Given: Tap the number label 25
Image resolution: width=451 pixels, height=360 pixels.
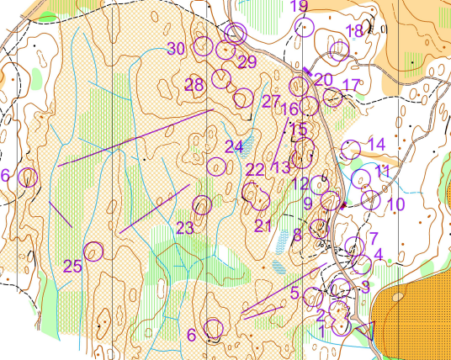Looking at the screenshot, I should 73,267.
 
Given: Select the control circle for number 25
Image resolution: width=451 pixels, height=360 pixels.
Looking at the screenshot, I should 93,251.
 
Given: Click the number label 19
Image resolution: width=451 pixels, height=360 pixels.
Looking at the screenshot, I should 299,8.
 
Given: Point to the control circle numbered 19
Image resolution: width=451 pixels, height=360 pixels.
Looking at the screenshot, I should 305,27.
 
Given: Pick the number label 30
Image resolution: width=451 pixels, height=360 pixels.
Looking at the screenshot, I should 176,48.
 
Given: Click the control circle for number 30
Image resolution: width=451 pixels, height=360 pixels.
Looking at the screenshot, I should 202,47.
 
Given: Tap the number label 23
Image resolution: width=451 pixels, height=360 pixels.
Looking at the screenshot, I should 185,227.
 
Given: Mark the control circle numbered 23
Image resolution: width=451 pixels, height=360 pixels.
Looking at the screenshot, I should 202,204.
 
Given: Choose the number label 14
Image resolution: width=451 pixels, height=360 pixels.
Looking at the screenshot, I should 376,144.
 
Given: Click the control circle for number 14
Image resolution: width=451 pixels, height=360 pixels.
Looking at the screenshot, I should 351,150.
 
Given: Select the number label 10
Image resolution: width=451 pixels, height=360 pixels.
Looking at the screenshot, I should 395,204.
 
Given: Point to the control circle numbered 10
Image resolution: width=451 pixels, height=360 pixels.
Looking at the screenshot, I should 371,199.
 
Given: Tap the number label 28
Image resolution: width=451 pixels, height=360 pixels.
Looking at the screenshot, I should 194,85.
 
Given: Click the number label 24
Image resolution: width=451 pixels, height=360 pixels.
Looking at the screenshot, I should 233,146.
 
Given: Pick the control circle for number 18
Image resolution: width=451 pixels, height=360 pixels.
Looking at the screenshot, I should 339,51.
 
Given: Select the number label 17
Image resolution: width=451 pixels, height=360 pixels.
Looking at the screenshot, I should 351,85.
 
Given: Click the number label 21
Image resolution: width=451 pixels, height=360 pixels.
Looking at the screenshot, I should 263,225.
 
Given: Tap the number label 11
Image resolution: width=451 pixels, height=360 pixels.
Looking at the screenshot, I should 383,172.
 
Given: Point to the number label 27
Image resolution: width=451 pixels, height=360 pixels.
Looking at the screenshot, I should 270,102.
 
